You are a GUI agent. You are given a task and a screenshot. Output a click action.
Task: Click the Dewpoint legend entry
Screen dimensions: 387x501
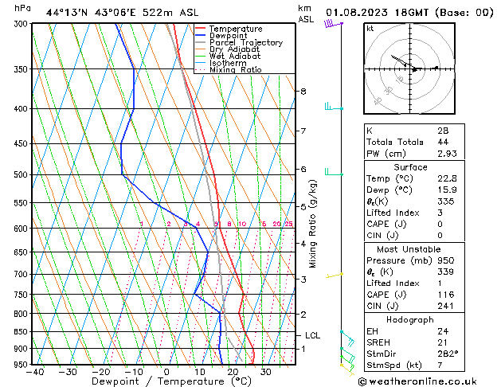click(x=231, y=36)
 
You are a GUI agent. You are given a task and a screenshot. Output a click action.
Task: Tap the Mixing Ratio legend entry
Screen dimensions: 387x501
click(x=236, y=70)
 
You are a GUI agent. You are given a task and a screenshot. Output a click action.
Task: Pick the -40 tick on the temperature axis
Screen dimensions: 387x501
click(x=34, y=371)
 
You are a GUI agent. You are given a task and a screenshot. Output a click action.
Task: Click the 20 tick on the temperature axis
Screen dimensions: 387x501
click(x=232, y=371)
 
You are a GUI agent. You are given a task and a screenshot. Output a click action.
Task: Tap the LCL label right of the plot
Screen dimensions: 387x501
click(x=313, y=336)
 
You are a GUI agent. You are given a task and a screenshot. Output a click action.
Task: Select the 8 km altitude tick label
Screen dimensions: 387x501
click(x=303, y=92)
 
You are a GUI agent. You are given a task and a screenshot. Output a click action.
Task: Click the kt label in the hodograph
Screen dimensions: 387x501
click(x=370, y=29)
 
